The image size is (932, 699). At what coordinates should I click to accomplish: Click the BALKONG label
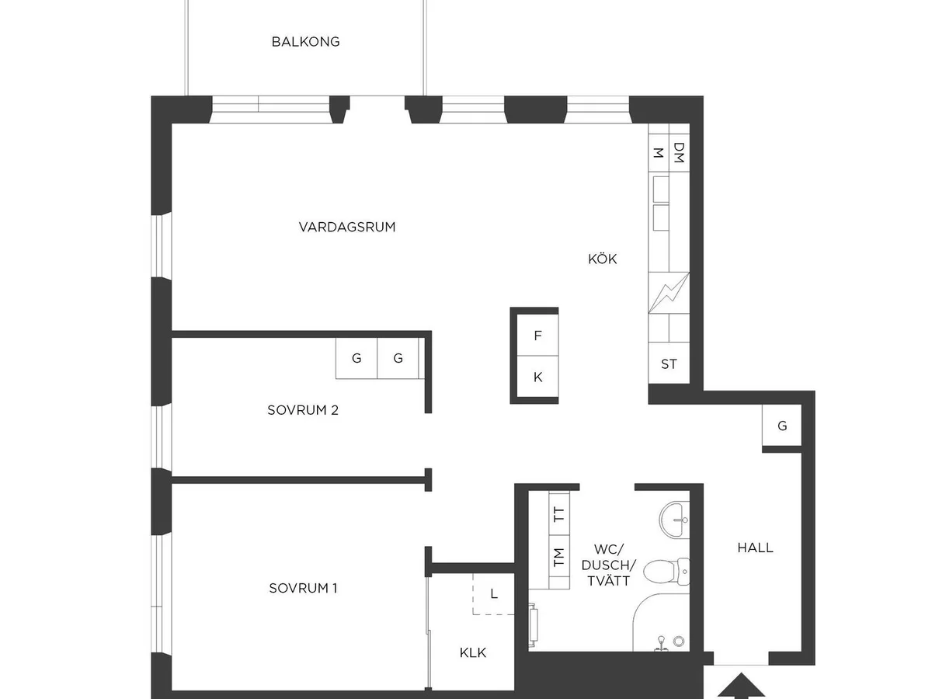tap(305, 42)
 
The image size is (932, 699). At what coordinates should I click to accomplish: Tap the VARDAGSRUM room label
tap(347, 227)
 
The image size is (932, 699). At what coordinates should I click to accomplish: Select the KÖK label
tap(602, 259)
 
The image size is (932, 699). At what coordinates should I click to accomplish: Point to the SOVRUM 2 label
tap(303, 410)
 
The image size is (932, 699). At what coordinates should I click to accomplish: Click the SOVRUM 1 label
tap(303, 588)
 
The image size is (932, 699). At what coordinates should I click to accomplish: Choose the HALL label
tap(755, 548)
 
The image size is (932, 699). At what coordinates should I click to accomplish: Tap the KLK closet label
tap(472, 652)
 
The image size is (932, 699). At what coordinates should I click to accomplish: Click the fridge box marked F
tap(537, 336)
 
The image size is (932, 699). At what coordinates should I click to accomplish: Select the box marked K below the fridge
tap(537, 377)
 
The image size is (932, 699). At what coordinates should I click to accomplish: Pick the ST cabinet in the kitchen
tap(669, 363)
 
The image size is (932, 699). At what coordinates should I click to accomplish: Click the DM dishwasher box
tap(679, 148)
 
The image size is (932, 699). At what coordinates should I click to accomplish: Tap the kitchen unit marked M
tap(659, 148)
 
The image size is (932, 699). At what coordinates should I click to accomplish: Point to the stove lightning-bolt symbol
tap(669, 293)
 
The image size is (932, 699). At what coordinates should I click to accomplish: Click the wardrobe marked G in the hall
tap(781, 426)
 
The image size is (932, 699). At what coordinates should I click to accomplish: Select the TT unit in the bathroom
tap(558, 514)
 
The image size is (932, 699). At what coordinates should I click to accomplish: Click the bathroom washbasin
tap(674, 520)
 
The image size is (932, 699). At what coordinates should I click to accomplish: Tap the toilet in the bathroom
tap(666, 570)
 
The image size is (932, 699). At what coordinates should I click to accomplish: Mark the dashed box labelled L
tap(493, 593)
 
